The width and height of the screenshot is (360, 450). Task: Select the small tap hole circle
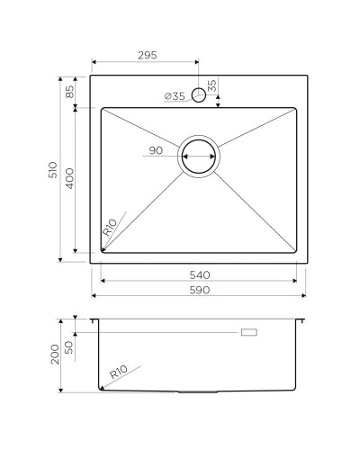pos(198,96)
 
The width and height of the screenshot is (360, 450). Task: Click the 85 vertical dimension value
pos(69,91)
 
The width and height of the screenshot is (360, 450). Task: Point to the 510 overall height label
pos(54,170)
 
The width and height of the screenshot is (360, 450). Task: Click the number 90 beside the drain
pos(156,150)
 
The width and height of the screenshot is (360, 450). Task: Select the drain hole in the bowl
pos(198,157)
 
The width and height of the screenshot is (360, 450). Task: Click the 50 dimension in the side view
pos(69,346)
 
